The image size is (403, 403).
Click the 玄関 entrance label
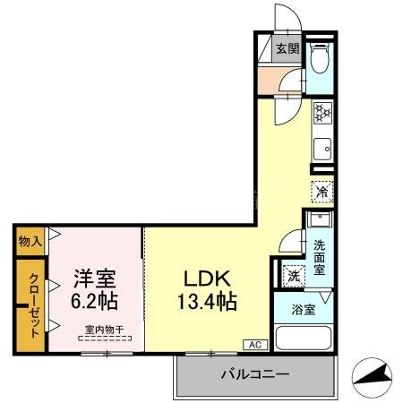coord(287,49)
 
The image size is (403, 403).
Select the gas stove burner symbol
coord(322,114)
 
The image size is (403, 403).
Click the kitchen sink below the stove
coord(322,147)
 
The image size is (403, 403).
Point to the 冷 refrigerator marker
coord(322,191)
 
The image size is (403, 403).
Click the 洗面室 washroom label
coord(320,255)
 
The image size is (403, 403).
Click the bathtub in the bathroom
coord(304,339)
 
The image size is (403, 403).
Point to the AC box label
coord(253,345)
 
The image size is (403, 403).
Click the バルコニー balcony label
coord(254,374)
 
